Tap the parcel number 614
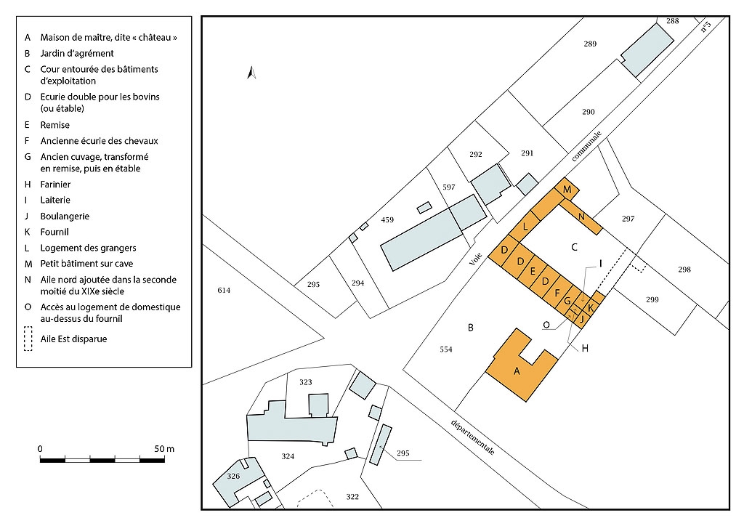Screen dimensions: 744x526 [x=224, y=291]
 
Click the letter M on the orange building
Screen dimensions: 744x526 [x=567, y=190]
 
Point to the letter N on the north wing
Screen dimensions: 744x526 [x=581, y=217]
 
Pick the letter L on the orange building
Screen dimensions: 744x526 [x=525, y=226]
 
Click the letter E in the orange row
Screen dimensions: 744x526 [x=533, y=271]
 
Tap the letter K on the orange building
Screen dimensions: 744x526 [x=590, y=308]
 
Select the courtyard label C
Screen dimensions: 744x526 [x=574, y=247]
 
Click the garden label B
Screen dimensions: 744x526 [x=471, y=327]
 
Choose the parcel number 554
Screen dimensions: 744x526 [x=446, y=349]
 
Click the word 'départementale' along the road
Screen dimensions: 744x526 [x=472, y=437]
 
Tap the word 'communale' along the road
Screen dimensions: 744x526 [x=586, y=146]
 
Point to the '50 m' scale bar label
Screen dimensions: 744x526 [x=164, y=449]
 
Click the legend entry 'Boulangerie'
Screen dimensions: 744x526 [x=65, y=217]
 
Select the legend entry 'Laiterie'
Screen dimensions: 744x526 [x=55, y=200]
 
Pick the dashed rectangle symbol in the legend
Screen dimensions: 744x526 [x=28, y=339]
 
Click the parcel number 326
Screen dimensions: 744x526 [x=233, y=476]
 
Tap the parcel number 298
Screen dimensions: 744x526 [x=684, y=270]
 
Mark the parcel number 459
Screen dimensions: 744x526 [x=387, y=219]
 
